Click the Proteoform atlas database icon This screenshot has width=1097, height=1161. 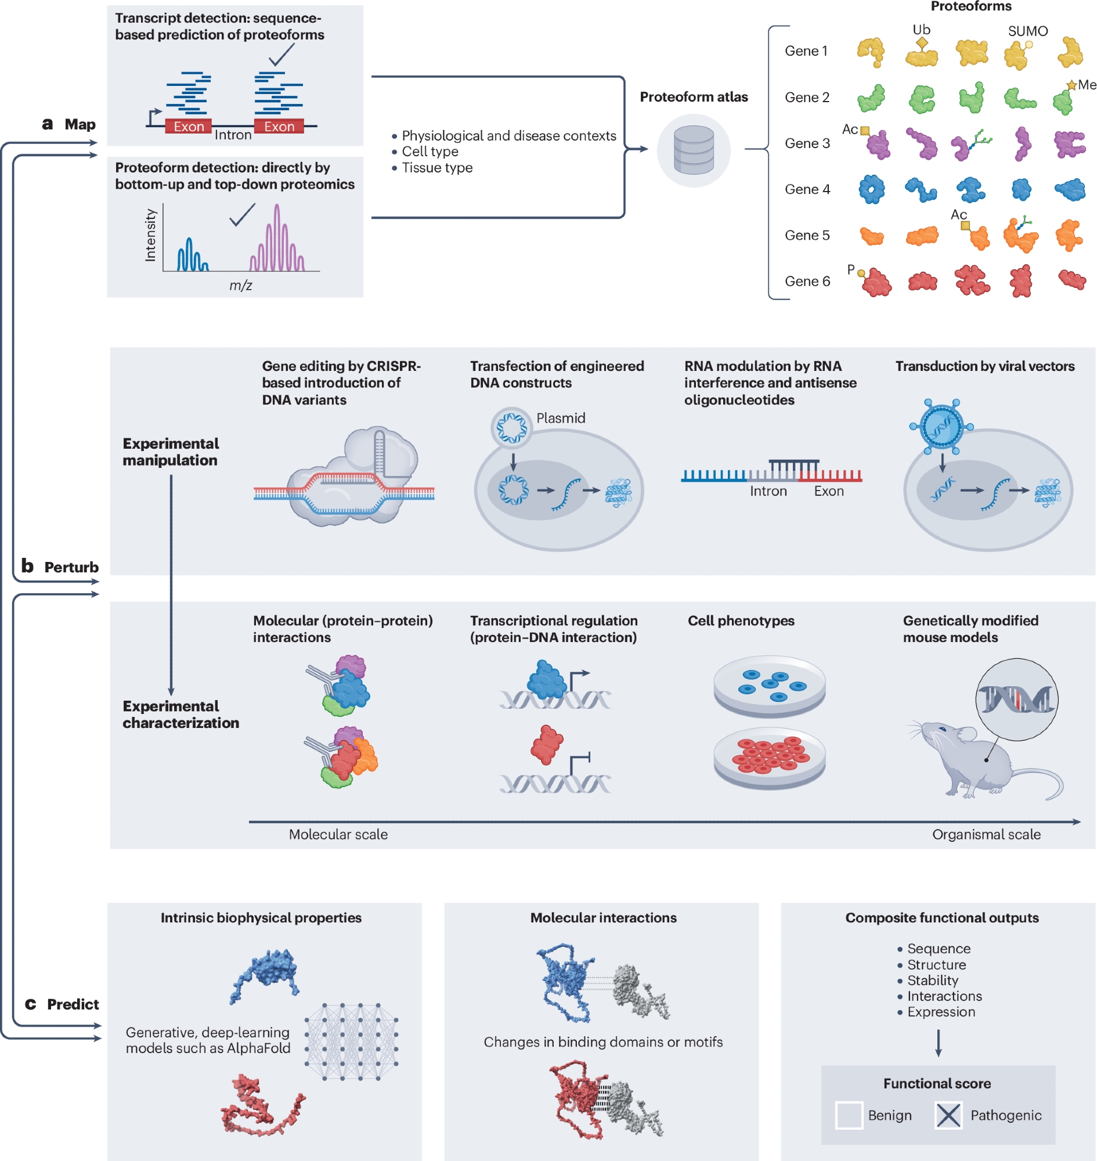click(x=694, y=150)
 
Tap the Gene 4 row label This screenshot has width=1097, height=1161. click(x=807, y=189)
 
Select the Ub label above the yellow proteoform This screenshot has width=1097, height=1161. click(x=921, y=29)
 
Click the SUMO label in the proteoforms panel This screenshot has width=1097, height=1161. click(x=1027, y=31)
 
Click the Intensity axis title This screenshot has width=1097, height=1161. click(x=150, y=235)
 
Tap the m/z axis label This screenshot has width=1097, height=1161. click(x=240, y=286)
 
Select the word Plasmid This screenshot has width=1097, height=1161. click(x=561, y=417)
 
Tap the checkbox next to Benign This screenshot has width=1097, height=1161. click(x=849, y=1115)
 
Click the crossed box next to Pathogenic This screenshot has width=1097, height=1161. click(x=948, y=1115)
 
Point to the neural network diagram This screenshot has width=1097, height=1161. click(x=351, y=1041)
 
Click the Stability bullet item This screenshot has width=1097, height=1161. click(x=932, y=980)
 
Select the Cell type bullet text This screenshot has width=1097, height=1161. click(x=430, y=152)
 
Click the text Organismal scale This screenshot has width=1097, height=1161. click(x=986, y=834)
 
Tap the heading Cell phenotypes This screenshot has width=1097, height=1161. click(x=740, y=621)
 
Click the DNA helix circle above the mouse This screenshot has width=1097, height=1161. click(x=1016, y=699)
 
